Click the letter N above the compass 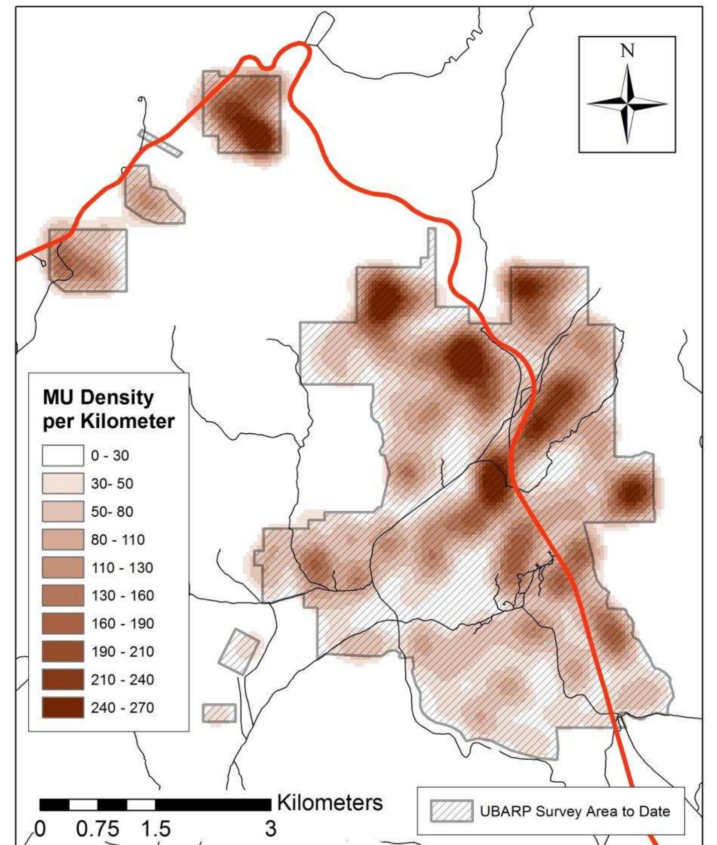point(627,51)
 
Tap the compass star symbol point(627,104)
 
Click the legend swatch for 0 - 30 point(63,456)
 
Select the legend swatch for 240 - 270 point(63,708)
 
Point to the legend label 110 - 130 point(122,568)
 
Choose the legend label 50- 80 point(112,512)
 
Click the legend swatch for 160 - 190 point(63,624)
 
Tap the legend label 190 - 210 point(122,652)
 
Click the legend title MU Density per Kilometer point(108,409)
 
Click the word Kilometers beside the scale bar point(330,802)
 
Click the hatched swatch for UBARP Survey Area point(452,811)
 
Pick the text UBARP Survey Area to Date point(575,811)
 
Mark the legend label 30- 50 point(112,484)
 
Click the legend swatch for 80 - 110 point(63,540)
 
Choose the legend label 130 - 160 point(122,595)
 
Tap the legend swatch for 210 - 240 point(63,680)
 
